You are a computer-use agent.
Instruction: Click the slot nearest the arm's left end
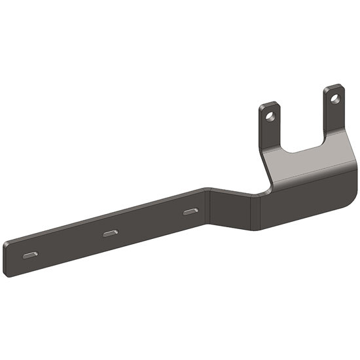coord(30,255)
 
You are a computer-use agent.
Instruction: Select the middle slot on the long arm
coord(111,233)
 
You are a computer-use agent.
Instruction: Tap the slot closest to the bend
coord(190,211)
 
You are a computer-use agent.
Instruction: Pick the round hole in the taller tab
coord(335,99)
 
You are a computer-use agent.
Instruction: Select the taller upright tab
coord(334,111)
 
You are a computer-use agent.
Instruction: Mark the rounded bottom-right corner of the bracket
coord(347,200)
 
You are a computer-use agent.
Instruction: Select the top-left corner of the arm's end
coord(5,243)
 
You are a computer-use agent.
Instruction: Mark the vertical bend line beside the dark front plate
coord(260,211)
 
